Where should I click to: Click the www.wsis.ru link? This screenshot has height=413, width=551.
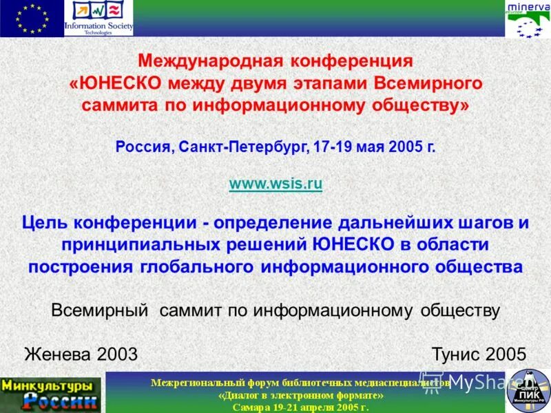pos(275,184)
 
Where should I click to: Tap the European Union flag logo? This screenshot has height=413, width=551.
pos(31,18)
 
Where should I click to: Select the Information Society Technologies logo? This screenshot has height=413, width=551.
pos(98,19)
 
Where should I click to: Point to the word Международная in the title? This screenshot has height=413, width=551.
pos(204,61)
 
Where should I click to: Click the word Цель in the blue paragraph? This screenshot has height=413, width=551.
pos(44,223)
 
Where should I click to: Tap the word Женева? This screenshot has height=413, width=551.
pos(58,354)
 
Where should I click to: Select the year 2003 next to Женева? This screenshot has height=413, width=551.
pos(118,354)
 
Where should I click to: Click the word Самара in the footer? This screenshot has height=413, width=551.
pos(251,407)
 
